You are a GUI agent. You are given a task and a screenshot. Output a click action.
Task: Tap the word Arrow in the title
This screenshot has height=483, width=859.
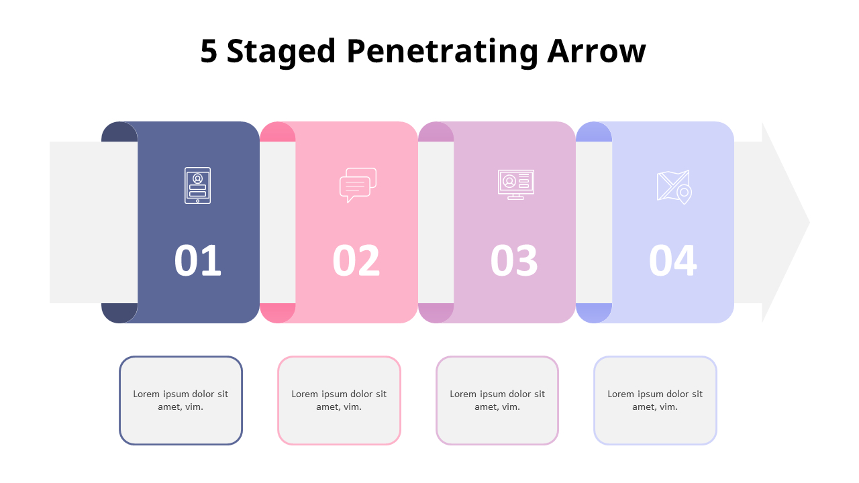pyautogui.click(x=597, y=51)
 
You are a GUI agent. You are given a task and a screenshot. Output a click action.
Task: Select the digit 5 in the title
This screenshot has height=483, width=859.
pyautogui.click(x=209, y=51)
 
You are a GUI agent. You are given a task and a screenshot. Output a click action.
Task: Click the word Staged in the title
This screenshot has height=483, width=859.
pyautogui.click(x=281, y=52)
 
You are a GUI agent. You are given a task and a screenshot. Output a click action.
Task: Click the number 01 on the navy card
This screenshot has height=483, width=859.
pyautogui.click(x=198, y=260)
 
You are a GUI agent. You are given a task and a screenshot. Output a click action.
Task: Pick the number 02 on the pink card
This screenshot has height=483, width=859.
pyautogui.click(x=356, y=260)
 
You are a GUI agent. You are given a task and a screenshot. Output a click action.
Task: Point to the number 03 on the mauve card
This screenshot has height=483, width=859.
pyautogui.click(x=514, y=260)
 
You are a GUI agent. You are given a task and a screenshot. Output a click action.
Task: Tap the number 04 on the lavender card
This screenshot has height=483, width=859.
pyautogui.click(x=672, y=260)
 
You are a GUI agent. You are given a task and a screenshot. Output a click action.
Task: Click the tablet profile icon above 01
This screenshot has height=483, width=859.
pyautogui.click(x=197, y=186)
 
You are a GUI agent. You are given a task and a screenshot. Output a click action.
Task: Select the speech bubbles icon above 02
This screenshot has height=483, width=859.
pyautogui.click(x=358, y=185)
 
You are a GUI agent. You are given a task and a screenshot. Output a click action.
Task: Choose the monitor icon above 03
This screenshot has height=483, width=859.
pyautogui.click(x=516, y=184)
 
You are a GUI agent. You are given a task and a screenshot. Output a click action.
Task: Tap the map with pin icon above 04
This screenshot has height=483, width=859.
pyautogui.click(x=674, y=187)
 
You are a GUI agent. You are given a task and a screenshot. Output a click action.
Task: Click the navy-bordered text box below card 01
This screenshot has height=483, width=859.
pyautogui.click(x=181, y=400)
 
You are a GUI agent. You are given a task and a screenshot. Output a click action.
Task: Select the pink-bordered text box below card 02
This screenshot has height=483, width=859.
pyautogui.click(x=339, y=400)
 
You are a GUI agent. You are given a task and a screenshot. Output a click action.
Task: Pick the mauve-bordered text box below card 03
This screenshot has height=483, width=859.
pyautogui.click(x=497, y=400)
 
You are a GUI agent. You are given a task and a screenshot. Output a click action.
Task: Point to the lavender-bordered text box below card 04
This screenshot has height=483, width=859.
pyautogui.click(x=656, y=400)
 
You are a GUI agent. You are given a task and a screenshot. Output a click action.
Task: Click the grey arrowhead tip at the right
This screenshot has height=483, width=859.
pyautogui.click(x=809, y=223)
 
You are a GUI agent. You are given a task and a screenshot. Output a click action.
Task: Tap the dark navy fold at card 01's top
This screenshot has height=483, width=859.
pyautogui.click(x=119, y=132)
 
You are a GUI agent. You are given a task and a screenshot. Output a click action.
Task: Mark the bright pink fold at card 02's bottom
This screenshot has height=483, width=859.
pyautogui.click(x=278, y=313)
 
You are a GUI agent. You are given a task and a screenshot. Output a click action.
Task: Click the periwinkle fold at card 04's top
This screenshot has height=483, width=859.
pyautogui.click(x=594, y=132)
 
